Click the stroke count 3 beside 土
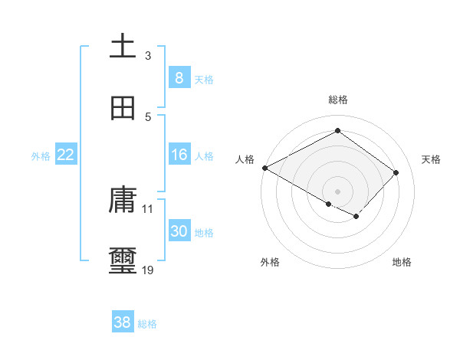(x=148, y=56)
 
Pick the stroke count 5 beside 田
(x=148, y=116)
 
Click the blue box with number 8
(x=179, y=77)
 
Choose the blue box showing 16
(x=179, y=155)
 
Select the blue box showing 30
(x=179, y=231)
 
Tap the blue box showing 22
(x=66, y=155)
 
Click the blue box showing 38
(x=123, y=322)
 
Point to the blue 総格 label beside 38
(x=147, y=324)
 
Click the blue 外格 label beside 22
(x=41, y=156)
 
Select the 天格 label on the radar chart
(x=431, y=159)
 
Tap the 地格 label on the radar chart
(x=402, y=262)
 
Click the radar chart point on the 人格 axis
(x=264, y=168)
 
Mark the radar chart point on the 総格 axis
(x=337, y=131)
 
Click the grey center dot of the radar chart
(x=337, y=191)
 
